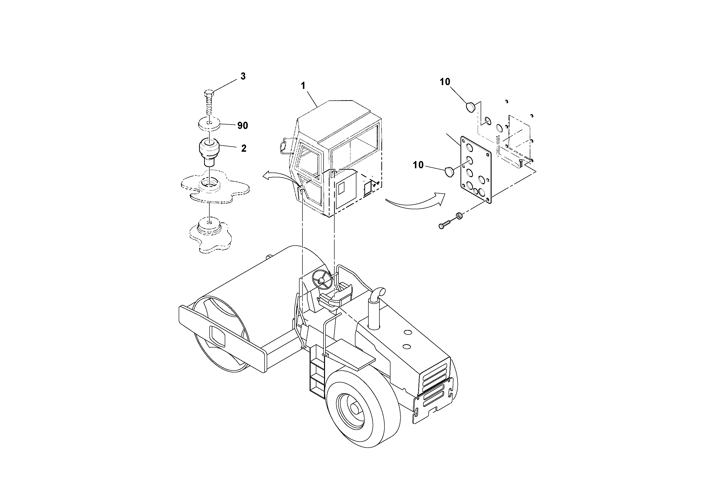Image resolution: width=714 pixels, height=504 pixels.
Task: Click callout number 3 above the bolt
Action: pos(243,76)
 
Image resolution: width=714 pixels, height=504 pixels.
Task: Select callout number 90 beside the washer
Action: pos(242,126)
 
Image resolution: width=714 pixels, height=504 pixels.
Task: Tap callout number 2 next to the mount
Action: pos(243,148)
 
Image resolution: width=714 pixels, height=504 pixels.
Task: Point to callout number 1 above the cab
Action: pos(303,86)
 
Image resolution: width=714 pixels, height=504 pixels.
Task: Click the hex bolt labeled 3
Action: pos(208,103)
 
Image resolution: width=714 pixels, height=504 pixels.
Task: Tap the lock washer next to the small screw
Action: pos(459,216)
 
